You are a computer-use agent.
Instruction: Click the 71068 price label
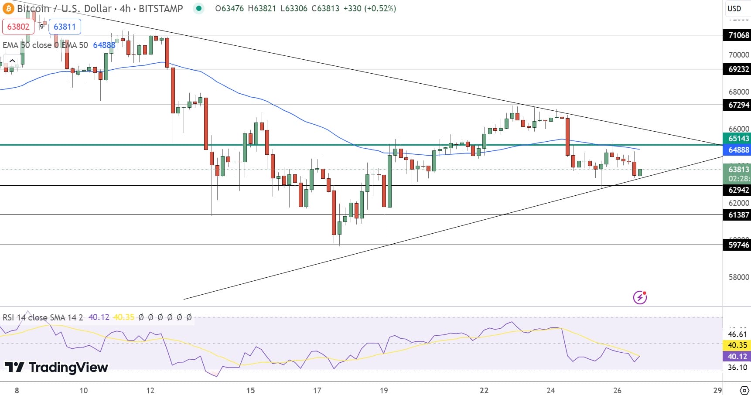point(738,35)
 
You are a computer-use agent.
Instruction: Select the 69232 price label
point(738,69)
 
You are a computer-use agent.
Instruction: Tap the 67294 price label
point(738,105)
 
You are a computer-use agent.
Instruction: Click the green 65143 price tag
point(738,139)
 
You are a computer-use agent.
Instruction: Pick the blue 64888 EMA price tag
point(738,150)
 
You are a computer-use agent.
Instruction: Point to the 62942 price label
point(738,190)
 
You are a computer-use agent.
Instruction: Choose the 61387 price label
point(738,215)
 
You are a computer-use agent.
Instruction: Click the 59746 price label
point(738,245)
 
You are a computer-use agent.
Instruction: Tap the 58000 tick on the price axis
point(738,277)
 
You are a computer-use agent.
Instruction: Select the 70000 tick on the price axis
point(738,55)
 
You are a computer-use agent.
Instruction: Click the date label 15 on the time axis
point(250,390)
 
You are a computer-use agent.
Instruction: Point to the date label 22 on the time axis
point(484,390)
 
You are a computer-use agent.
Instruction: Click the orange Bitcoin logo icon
point(8,8)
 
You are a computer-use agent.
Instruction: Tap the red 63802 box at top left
point(18,27)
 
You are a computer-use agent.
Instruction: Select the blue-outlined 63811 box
point(65,27)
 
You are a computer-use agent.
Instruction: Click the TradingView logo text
point(57,367)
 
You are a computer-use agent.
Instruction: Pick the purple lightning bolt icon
point(640,297)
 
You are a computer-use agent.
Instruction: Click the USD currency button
point(734,8)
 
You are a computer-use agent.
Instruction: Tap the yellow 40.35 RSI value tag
point(737,345)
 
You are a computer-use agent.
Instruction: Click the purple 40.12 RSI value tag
point(737,357)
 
